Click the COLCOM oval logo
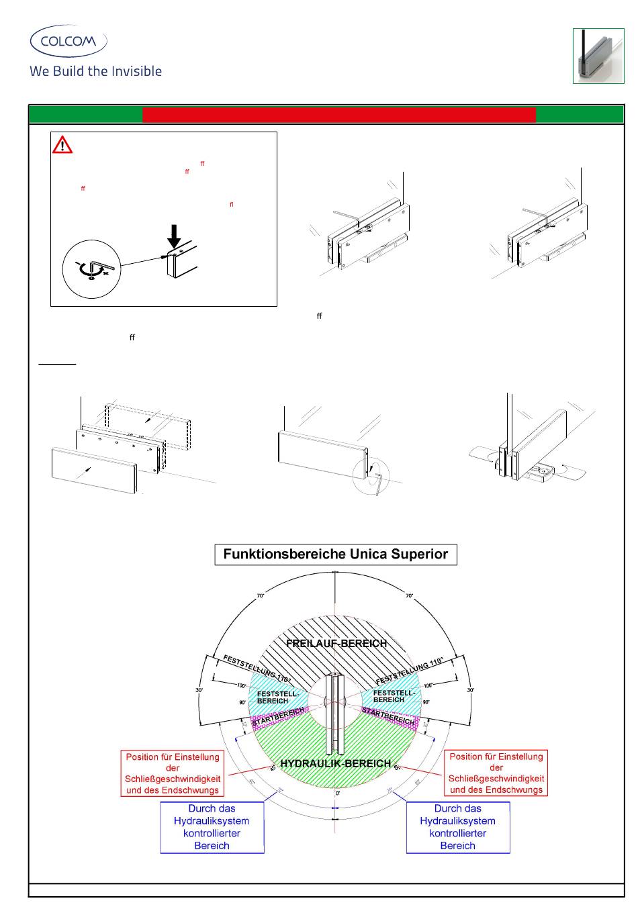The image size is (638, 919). [69, 41]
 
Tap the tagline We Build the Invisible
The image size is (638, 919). [95, 71]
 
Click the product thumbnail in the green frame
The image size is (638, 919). [598, 56]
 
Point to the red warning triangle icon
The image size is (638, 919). [62, 144]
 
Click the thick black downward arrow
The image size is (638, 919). [174, 236]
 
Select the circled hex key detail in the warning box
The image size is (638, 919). [91, 269]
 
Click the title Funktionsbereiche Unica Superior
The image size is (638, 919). [335, 554]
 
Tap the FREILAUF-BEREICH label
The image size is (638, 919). [336, 643]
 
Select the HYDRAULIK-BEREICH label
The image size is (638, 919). [335, 763]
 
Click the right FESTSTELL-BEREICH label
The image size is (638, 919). [393, 695]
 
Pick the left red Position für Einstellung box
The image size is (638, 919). [173, 773]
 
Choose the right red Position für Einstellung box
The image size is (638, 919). [496, 773]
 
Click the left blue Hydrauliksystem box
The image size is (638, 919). [212, 827]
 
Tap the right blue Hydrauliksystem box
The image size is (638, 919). [458, 827]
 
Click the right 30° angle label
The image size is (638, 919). [471, 689]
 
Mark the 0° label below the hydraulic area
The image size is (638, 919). [337, 793]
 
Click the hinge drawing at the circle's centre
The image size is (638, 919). [334, 714]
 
